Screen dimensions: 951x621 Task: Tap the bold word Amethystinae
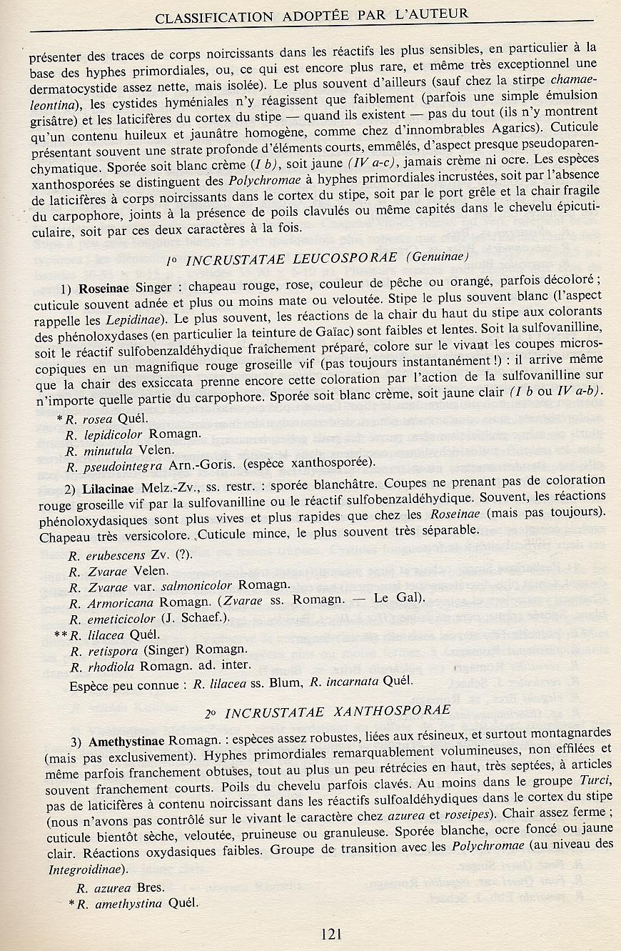click(125, 734)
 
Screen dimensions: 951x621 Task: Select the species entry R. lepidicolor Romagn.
click(133, 434)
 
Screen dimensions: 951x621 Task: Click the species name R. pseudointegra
click(122, 465)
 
